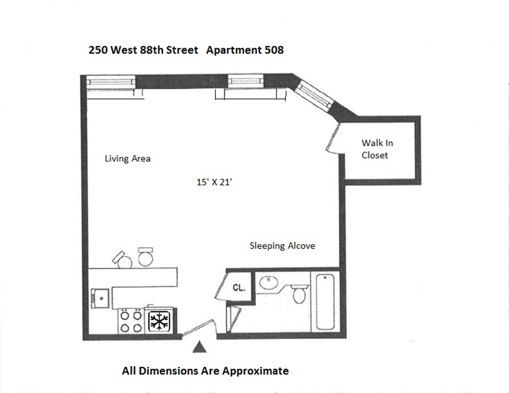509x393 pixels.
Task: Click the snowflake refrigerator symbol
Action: [159, 321]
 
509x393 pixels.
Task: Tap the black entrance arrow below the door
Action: [199, 347]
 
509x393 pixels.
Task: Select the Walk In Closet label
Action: [377, 149]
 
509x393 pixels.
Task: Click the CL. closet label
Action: [239, 288]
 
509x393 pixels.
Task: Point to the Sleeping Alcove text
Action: [282, 246]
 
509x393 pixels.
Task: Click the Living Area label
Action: [128, 159]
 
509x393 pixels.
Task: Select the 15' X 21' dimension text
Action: [214, 182]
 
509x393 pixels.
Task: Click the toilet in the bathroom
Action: [300, 294]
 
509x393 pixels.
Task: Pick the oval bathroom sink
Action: [269, 282]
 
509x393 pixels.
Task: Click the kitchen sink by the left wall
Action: [100, 298]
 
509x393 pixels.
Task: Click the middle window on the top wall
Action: [246, 81]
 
